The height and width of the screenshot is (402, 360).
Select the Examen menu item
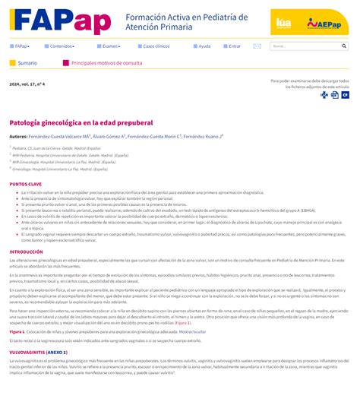[110, 46]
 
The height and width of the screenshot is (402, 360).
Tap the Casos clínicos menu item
[156, 46]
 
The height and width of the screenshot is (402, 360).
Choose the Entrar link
[234, 46]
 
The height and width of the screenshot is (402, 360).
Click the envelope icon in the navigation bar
[257, 46]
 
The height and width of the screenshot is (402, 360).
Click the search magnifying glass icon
[344, 46]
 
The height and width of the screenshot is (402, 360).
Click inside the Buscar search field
[304, 46]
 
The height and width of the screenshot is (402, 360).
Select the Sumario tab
[27, 63]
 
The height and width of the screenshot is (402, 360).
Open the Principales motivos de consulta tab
[106, 63]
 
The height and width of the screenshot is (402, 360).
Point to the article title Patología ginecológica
[81, 122]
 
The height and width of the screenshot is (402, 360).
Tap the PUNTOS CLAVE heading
[25, 184]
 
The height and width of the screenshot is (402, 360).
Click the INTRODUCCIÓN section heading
[26, 252]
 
